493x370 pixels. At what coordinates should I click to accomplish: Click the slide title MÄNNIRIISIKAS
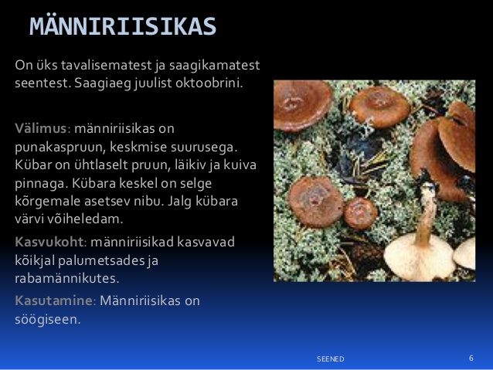[123, 25]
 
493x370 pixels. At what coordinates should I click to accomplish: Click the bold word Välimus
[40, 128]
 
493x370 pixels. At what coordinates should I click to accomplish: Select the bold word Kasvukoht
[49, 242]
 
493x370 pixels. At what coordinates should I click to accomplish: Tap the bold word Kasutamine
[53, 300]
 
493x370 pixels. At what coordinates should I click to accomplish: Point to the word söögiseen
[48, 320]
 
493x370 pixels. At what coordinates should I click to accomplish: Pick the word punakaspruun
[60, 148]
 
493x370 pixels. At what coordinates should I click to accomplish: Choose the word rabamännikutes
[67, 279]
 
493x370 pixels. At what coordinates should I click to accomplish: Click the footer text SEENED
[330, 359]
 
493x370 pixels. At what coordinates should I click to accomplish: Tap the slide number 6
[471, 358]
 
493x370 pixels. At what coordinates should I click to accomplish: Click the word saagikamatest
[214, 66]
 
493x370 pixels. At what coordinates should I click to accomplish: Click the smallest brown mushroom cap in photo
[360, 213]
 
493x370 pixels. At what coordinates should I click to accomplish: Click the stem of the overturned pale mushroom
[426, 214]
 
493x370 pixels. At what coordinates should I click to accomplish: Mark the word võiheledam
[84, 219]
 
